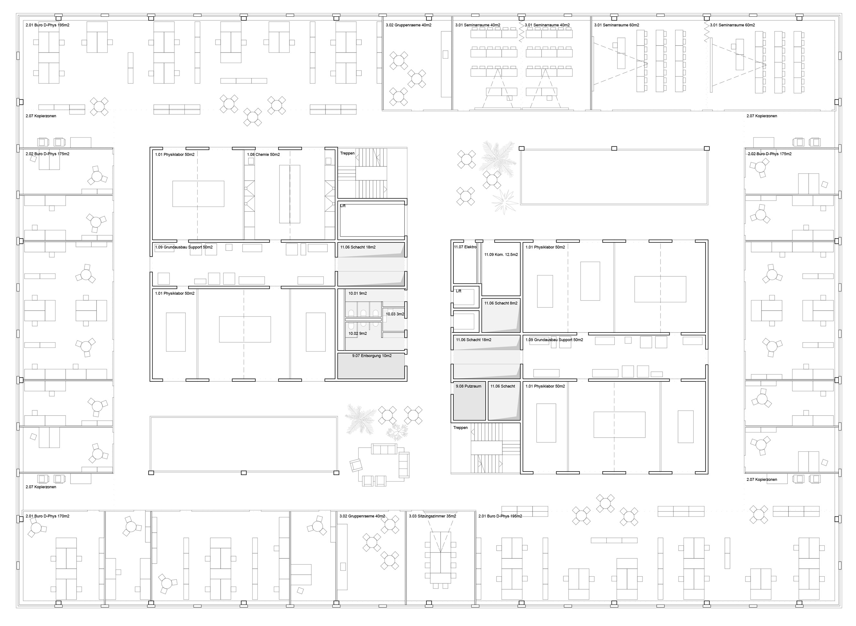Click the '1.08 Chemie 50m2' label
pos(263,154)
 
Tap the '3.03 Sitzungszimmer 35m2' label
pos(432,516)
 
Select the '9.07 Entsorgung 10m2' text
pos(371,356)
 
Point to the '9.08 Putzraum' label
pos(468,386)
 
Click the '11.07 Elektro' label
pos(465,247)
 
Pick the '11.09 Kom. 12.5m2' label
pos(501,255)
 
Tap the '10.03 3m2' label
pos(395,314)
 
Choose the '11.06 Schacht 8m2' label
pos(501,303)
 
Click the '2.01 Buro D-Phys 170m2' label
pos(47,516)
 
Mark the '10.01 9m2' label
pos(358,293)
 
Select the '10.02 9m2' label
pos(358,334)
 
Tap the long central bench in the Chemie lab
pos(290,194)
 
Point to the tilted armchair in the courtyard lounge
pos(356,465)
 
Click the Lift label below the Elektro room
pos(459,291)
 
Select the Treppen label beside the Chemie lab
pos(347,154)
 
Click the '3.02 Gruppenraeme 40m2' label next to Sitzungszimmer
pos(362,516)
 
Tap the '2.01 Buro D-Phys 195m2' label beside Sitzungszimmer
pos(500,516)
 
